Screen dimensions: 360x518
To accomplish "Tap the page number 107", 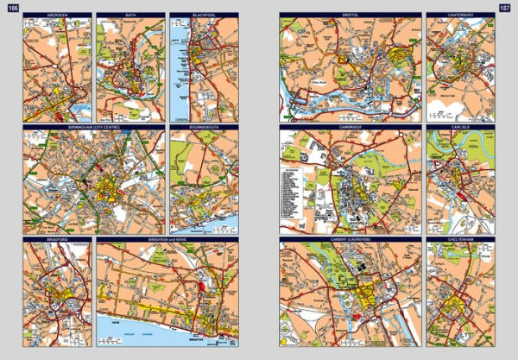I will pos(503,8).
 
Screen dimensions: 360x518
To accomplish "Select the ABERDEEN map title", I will pos(57,16).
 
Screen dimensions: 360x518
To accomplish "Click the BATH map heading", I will pos(130,16).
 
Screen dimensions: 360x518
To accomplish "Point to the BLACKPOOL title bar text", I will pos(203,16).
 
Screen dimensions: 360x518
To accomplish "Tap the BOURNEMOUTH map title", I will pos(203,127).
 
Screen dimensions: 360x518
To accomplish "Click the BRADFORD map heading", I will pos(57,239).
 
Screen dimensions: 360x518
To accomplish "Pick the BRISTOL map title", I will pos(350,16).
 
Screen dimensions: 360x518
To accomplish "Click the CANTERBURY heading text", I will pos(460,16).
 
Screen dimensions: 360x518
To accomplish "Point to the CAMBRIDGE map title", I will pos(350,127).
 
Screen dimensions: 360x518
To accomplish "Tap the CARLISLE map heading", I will pos(460,127).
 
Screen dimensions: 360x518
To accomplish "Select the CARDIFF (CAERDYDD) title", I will pos(350,239).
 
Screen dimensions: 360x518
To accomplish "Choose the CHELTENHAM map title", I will pos(460,239).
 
